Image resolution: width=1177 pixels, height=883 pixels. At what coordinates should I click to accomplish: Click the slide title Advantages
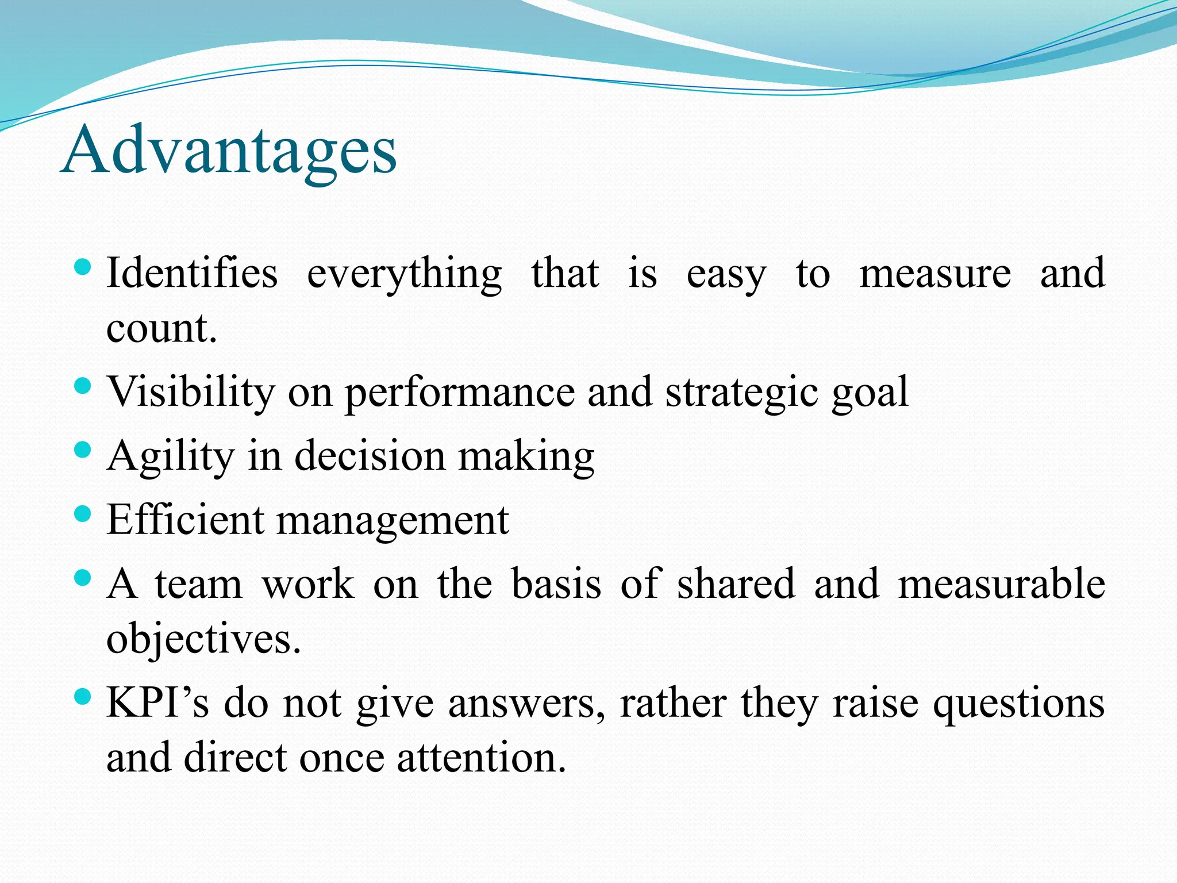click(229, 151)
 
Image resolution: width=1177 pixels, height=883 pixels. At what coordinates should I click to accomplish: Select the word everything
click(404, 275)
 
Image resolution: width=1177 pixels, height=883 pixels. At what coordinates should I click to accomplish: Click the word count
click(161, 328)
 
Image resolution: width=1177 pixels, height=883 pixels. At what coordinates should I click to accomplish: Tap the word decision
click(370, 456)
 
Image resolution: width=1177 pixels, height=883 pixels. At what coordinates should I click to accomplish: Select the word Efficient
click(185, 520)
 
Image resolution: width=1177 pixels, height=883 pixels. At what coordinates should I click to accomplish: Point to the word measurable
click(1001, 583)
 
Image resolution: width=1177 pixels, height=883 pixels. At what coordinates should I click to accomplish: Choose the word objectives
click(203, 639)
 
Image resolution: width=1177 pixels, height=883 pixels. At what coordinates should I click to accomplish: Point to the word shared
click(736, 583)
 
